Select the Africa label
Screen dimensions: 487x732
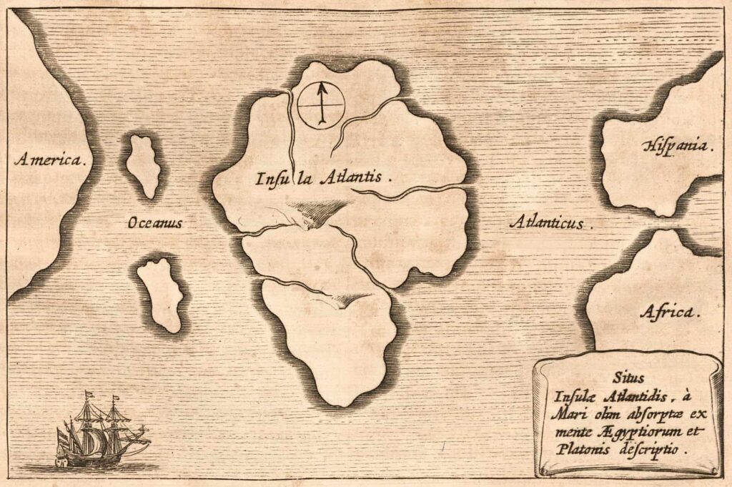click(x=670, y=312)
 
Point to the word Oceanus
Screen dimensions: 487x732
click(x=156, y=224)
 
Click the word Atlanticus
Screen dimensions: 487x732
click(x=550, y=222)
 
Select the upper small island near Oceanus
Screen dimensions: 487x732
click(x=144, y=165)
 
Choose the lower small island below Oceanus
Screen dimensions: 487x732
click(x=160, y=294)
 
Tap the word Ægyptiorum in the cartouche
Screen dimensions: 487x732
click(x=632, y=433)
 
